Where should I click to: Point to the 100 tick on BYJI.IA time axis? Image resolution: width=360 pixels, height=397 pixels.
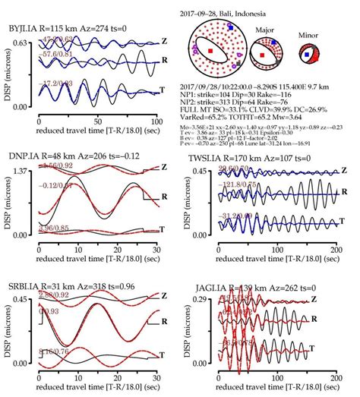pyautogui.click(x=156, y=121)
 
